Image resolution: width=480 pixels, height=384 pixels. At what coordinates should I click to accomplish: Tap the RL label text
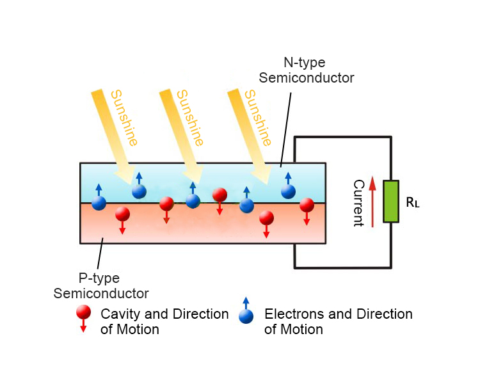click(413, 203)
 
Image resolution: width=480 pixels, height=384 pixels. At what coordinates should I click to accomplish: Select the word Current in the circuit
click(358, 203)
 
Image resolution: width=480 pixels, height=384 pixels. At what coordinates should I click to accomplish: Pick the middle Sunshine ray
click(182, 131)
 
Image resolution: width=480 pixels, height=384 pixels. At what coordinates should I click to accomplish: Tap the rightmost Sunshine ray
click(250, 131)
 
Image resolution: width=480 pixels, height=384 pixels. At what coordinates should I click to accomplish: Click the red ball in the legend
click(83, 312)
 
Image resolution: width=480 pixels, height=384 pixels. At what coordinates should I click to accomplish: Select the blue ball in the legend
click(246, 316)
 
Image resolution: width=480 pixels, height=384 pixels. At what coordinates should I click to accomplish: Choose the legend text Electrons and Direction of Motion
click(338, 322)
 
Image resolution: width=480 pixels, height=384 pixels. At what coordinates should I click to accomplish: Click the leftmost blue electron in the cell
click(99, 203)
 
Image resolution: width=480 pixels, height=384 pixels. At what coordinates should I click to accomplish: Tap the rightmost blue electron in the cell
click(288, 191)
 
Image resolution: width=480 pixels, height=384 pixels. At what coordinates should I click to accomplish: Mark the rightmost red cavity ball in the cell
click(307, 205)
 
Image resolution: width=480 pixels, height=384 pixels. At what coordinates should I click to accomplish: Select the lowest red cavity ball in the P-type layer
click(266, 218)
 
